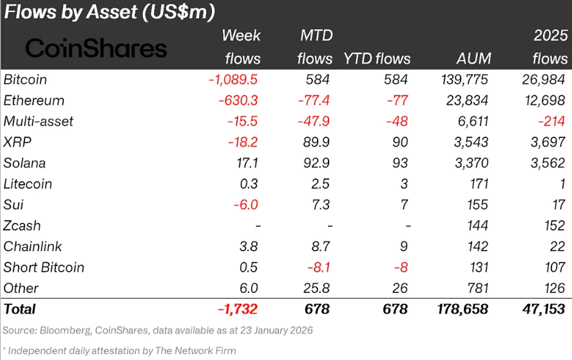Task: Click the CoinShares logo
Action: (x=96, y=48)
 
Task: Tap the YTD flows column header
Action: (x=377, y=59)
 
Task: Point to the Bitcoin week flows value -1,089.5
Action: (x=234, y=80)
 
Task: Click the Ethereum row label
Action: (x=33, y=100)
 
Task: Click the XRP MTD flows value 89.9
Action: (x=316, y=142)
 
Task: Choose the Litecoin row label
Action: (x=28, y=184)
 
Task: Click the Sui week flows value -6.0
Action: (x=246, y=205)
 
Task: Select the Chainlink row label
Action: (x=32, y=247)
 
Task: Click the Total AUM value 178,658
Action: (x=459, y=309)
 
